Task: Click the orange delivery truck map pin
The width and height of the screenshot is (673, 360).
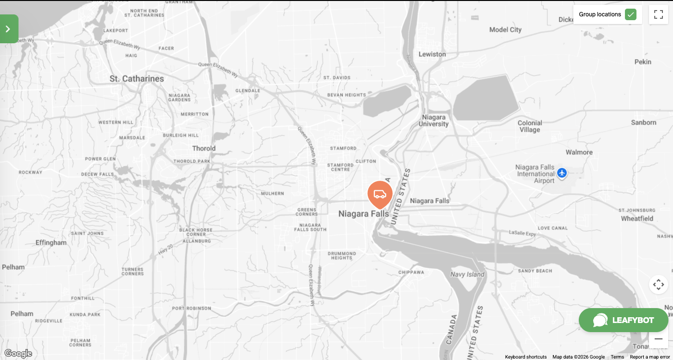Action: [x=380, y=194]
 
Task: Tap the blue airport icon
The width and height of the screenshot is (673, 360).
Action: [x=562, y=173]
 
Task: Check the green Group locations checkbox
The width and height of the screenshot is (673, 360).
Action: [x=630, y=14]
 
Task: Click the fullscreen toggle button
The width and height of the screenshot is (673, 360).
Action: [x=658, y=14]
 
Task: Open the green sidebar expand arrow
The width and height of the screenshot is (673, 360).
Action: [x=8, y=29]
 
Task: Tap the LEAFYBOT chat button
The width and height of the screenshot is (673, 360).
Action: [x=623, y=320]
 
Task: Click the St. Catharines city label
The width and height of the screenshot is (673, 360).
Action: [x=137, y=79]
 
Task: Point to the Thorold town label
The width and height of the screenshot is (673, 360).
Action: [x=204, y=149]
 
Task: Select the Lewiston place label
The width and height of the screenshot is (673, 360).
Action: [x=432, y=54]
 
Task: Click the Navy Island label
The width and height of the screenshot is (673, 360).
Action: [x=467, y=274]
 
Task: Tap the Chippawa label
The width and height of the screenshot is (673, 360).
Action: [x=411, y=273]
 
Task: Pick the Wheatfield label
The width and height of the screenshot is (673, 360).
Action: [x=637, y=219]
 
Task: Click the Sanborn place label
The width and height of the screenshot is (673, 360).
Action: [x=643, y=123]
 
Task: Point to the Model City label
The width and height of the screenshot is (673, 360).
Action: [x=505, y=30]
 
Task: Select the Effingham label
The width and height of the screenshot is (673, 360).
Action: [x=51, y=243]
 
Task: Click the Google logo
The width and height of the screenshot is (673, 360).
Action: [x=18, y=354]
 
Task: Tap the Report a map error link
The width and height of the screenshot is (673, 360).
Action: [x=649, y=357]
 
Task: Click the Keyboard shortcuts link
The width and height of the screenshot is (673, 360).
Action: [x=525, y=357]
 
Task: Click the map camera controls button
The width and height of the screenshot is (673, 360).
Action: [x=658, y=285]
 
